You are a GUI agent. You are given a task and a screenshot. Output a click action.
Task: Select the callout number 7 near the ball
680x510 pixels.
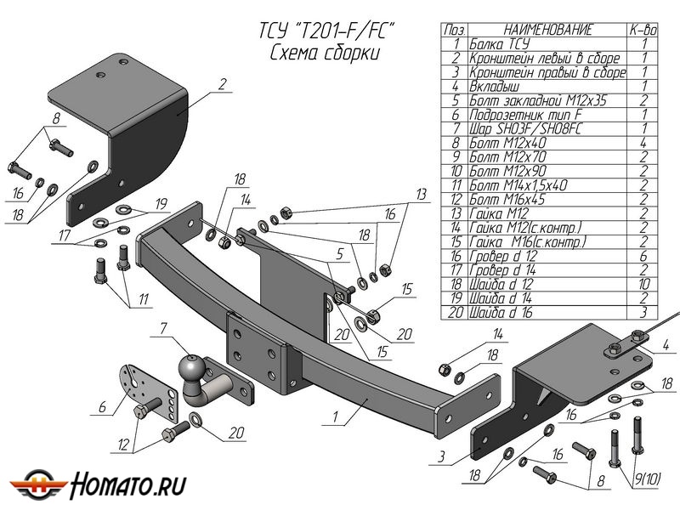(161, 327)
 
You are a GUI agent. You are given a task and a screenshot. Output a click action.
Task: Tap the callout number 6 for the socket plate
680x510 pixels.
(102, 408)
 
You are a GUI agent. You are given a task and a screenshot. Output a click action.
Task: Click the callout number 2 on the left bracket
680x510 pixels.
(222, 84)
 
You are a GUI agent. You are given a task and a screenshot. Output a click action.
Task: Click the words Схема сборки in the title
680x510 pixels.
(322, 54)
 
